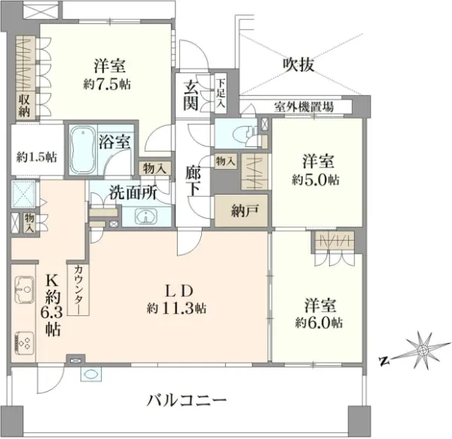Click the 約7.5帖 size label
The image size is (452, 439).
pyautogui.click(x=107, y=84)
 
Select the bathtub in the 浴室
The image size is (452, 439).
pyautogui.click(x=83, y=150)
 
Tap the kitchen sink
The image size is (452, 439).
pyautogui.click(x=24, y=290)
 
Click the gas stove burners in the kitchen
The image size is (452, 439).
pyautogui.click(x=24, y=342)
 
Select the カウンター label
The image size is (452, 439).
pyautogui.click(x=78, y=289)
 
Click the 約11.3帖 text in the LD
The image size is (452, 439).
pyautogui.click(x=177, y=309)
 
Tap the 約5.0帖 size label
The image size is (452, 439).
pyautogui.click(x=316, y=180)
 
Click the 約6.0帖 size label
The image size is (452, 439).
pyautogui.click(x=319, y=322)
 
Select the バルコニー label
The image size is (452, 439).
pyautogui.click(x=187, y=401)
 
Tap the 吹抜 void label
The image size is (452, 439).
pyautogui.click(x=298, y=64)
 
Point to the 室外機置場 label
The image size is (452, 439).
pyautogui.click(x=304, y=107)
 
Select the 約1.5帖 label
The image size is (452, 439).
pyautogui.click(x=37, y=158)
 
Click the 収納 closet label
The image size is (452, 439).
pyautogui.click(x=24, y=106)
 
